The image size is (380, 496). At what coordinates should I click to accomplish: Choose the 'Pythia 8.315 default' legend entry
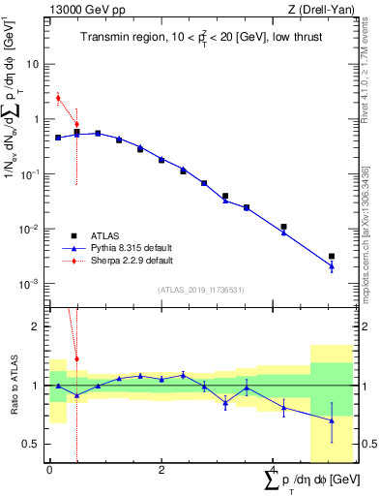click(133, 248)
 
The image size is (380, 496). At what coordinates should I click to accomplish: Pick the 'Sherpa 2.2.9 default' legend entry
click(133, 261)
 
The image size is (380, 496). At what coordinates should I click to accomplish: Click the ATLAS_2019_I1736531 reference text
click(201, 290)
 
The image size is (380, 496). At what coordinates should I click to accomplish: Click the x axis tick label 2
click(161, 470)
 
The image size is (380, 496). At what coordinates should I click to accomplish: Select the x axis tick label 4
click(273, 470)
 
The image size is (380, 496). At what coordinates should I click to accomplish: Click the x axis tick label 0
click(49, 470)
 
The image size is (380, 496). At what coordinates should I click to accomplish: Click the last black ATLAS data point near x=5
click(332, 257)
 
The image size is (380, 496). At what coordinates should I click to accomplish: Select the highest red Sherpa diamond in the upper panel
click(58, 97)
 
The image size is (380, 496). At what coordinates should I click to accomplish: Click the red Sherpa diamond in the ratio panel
click(76, 358)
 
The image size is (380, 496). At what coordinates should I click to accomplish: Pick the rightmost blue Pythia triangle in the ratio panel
click(332, 420)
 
